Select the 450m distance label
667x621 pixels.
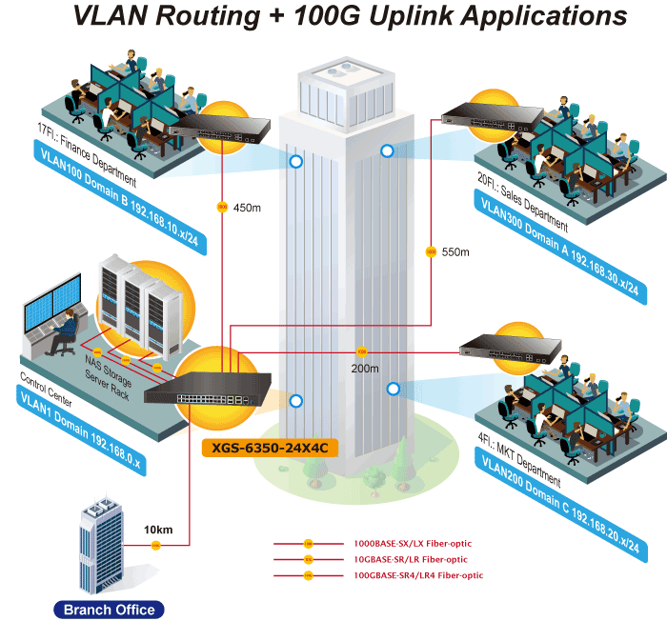click(x=247, y=208)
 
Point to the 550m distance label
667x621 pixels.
click(x=456, y=252)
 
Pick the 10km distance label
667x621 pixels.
click(x=158, y=530)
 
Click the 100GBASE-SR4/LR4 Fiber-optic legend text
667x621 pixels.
click(x=417, y=575)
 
